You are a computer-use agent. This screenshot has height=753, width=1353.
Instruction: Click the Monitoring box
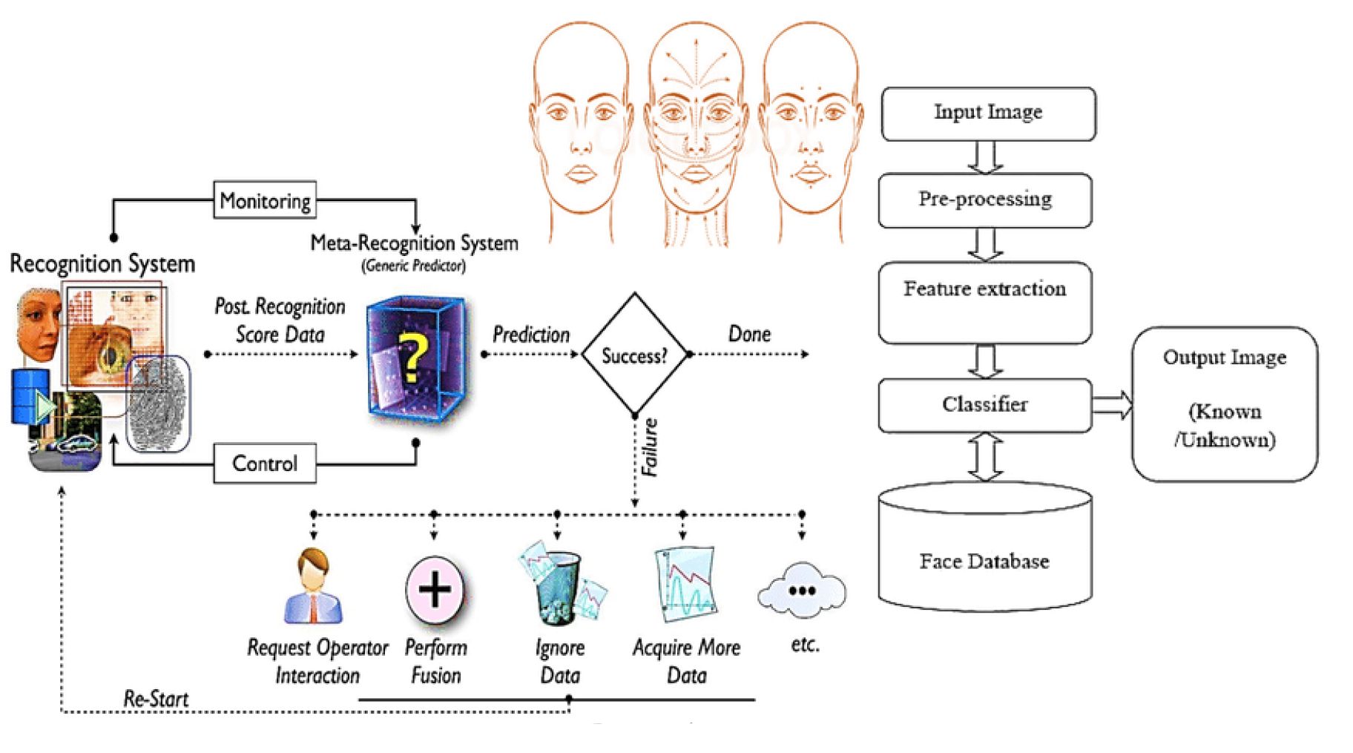tap(265, 200)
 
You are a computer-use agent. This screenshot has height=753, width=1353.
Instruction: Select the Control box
tap(265, 464)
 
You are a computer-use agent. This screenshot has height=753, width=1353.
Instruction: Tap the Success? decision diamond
tap(634, 355)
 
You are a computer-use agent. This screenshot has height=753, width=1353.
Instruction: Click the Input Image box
tap(988, 114)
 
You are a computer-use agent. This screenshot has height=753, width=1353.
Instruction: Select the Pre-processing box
tap(985, 200)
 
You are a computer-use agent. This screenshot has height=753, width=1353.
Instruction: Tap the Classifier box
tap(985, 405)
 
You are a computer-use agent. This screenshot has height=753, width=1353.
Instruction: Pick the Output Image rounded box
tap(1225, 404)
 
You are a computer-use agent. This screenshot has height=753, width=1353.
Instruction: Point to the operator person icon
tap(314, 586)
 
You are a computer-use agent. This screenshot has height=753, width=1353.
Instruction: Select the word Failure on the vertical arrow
tap(650, 447)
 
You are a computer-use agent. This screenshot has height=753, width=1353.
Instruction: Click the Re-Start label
tap(156, 698)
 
